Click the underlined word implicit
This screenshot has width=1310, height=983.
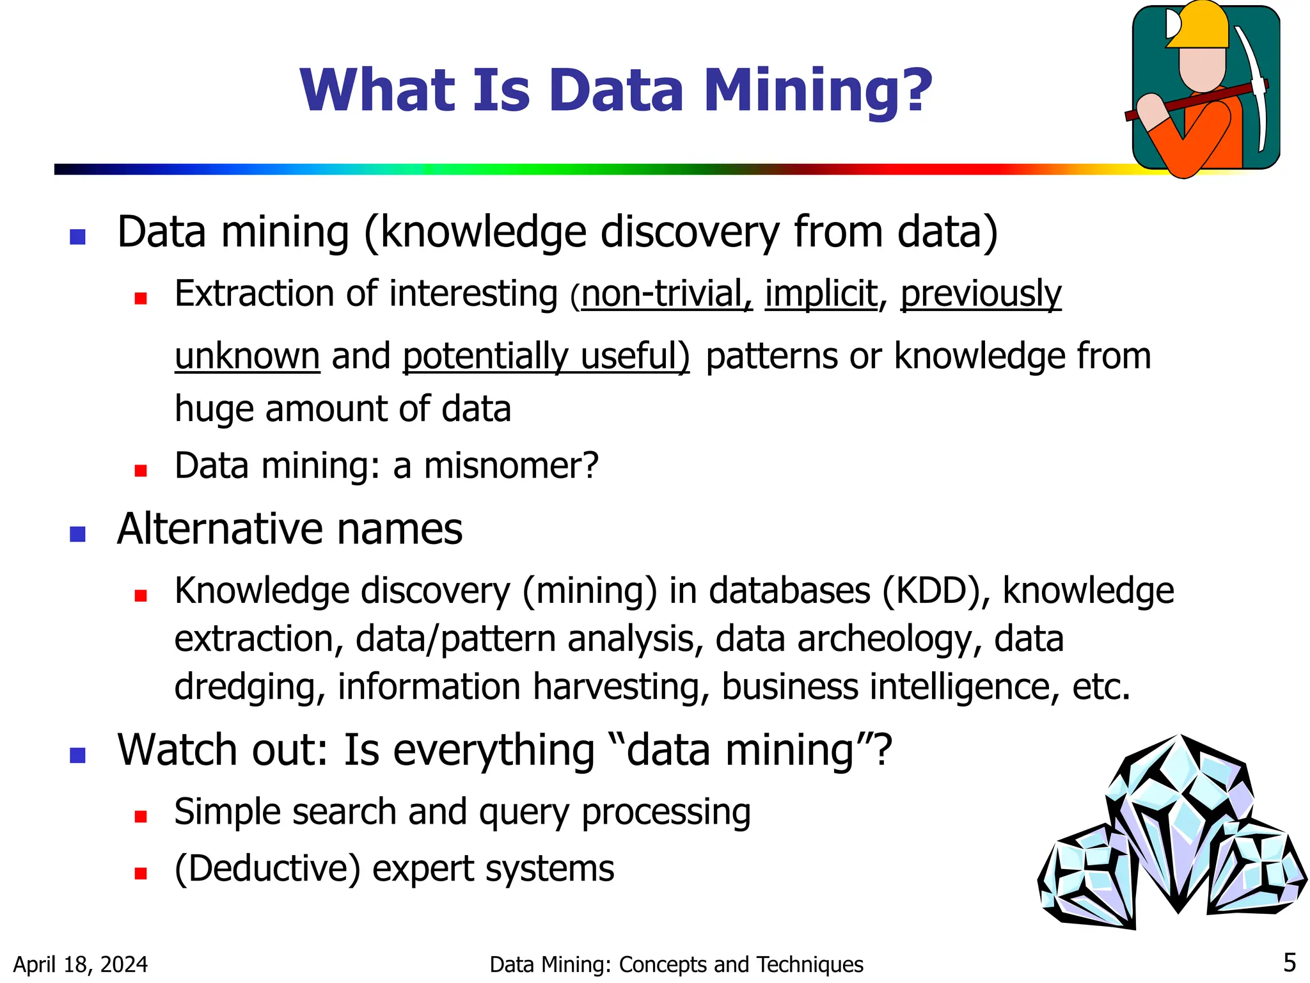pos(821,294)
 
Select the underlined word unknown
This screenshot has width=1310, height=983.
pos(247,356)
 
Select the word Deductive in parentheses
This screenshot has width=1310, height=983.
pos(268,868)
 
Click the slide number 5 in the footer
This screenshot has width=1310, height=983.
pos(1290,963)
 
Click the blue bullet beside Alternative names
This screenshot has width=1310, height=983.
pos(78,533)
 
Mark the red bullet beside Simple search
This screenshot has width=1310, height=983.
pos(141,816)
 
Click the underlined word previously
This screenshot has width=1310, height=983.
pos(981,294)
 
